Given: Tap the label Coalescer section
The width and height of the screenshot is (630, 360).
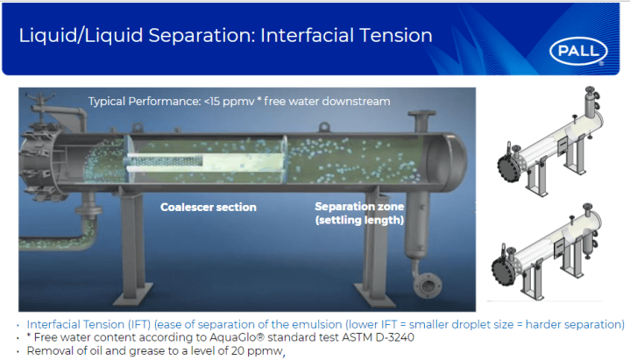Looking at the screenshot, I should pyautogui.click(x=208, y=208).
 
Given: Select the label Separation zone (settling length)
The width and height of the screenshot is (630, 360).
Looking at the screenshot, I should pyautogui.click(x=359, y=213).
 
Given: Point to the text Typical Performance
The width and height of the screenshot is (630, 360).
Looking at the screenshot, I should pyautogui.click(x=141, y=102).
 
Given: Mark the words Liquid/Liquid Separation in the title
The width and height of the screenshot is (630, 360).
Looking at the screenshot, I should pyautogui.click(x=125, y=35).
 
